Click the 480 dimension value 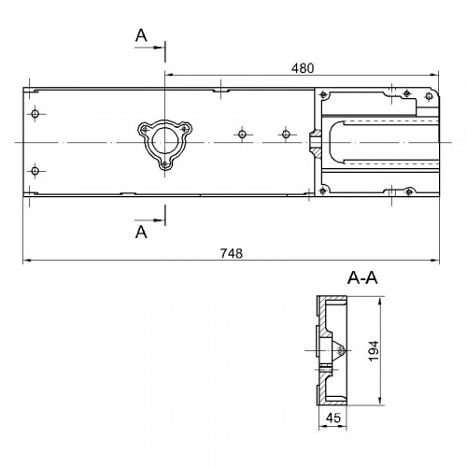303,68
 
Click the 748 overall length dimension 232,253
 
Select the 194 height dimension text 374,351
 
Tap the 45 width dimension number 333,417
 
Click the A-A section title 362,277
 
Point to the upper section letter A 141,35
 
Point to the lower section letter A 141,233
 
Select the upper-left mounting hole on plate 35,114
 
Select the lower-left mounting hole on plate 35,171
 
